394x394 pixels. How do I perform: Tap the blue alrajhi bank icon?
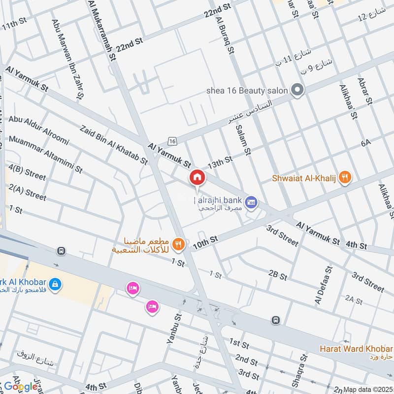252,202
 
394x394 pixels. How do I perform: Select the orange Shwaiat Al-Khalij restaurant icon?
346,178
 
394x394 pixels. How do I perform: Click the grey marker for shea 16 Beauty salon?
297,90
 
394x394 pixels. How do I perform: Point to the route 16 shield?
172,141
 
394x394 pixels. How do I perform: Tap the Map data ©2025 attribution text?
367,389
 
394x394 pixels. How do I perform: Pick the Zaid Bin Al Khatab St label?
113,144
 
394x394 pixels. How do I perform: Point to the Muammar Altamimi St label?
45,155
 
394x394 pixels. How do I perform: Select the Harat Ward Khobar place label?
356,349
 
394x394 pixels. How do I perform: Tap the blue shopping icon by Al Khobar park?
55,284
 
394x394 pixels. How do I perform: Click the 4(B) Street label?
27,174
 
